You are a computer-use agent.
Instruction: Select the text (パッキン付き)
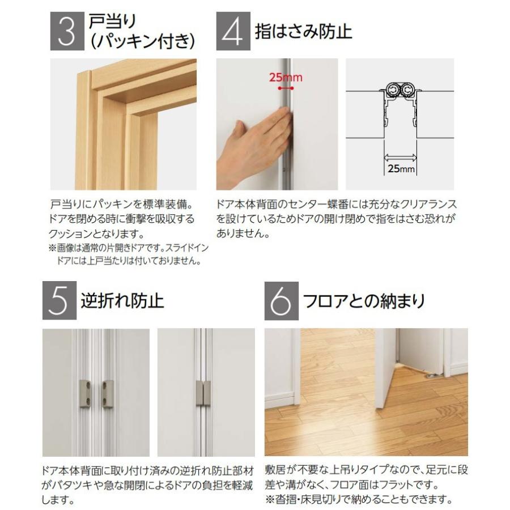[x=142, y=41]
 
